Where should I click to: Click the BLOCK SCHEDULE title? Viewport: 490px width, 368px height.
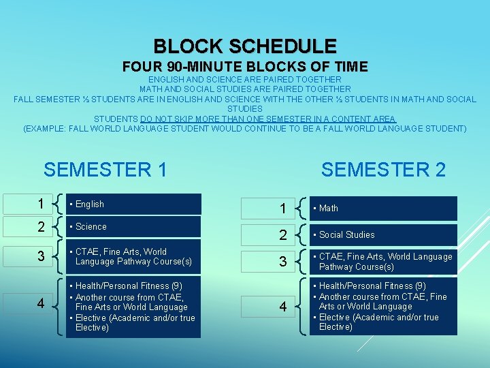click(x=245, y=46)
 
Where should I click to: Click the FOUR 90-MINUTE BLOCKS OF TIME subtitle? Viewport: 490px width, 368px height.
click(x=245, y=67)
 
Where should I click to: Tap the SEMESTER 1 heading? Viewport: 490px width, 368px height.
click(x=105, y=169)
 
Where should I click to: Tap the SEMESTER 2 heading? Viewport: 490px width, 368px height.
click(x=383, y=169)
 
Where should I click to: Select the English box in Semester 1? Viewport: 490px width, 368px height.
click(x=133, y=204)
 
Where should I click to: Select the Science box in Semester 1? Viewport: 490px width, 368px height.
click(x=133, y=226)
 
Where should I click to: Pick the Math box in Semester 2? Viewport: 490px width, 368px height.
click(x=382, y=208)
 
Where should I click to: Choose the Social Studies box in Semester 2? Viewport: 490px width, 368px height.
click(x=382, y=234)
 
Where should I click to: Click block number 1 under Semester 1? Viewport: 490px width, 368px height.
click(x=42, y=204)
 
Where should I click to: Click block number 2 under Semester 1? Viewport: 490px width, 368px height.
click(x=42, y=226)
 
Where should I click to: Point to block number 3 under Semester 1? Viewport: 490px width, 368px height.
click(x=42, y=256)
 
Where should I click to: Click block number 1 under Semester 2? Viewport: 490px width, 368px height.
click(x=283, y=209)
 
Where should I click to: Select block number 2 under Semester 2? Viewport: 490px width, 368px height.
click(x=283, y=235)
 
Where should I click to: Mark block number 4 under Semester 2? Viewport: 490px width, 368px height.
click(x=283, y=307)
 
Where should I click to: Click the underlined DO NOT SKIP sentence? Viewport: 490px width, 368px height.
click(x=245, y=119)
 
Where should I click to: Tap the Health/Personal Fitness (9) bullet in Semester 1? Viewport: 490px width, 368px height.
click(x=125, y=286)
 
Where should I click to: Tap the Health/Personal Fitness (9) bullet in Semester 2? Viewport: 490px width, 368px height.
click(x=372, y=286)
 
